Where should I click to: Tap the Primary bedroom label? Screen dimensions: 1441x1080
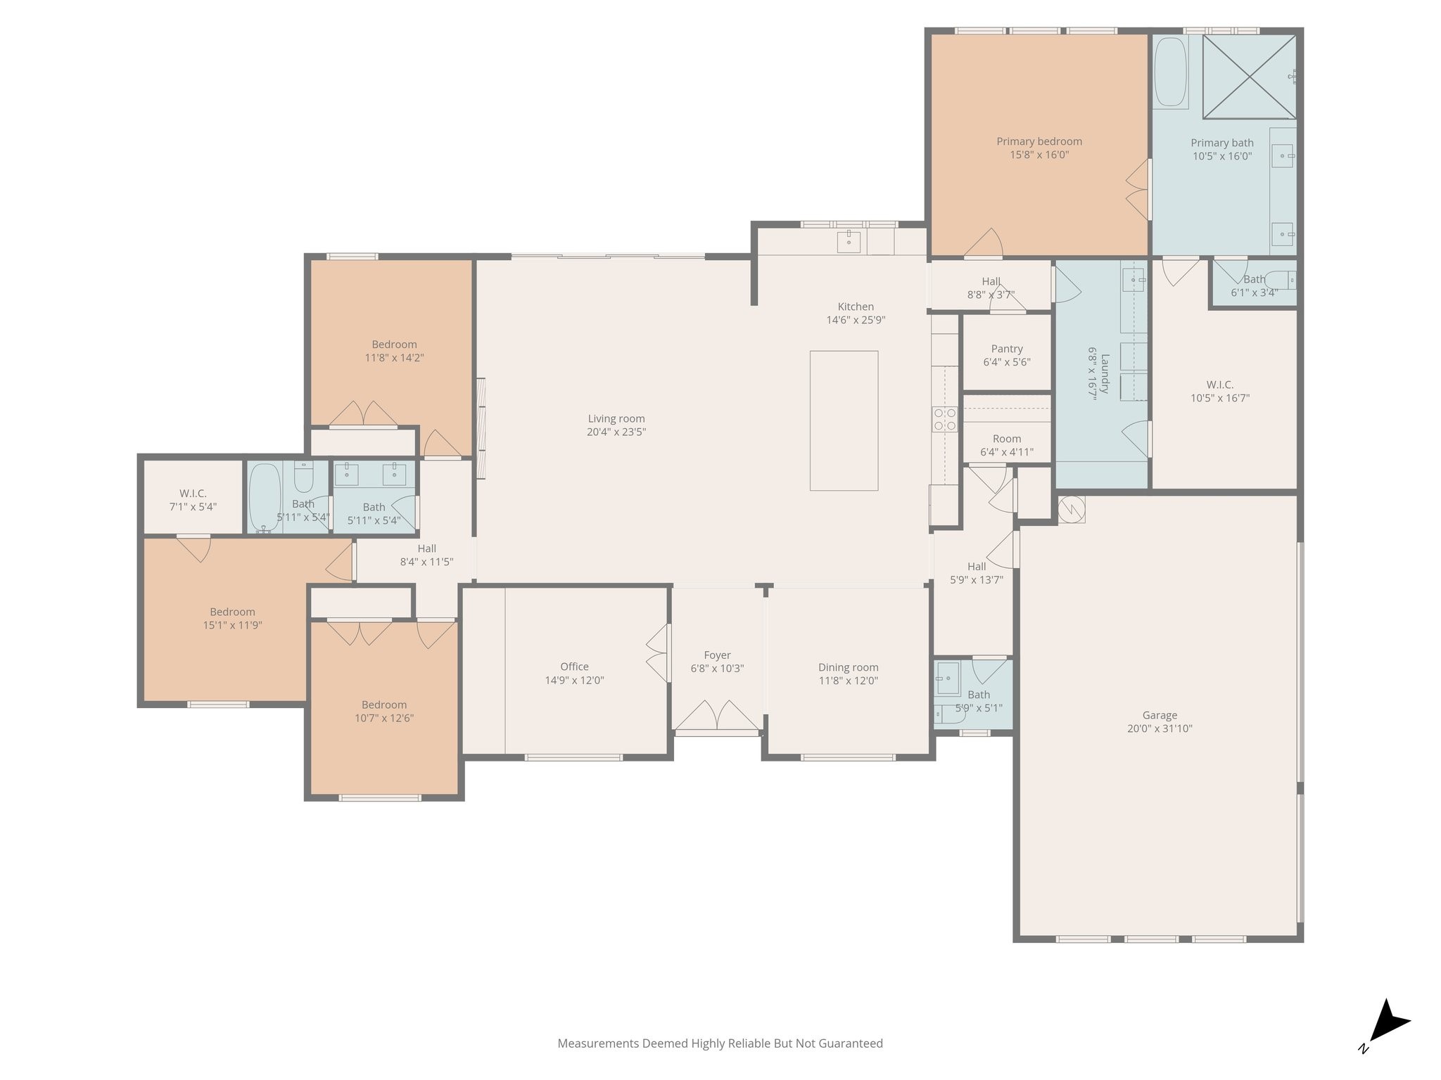[1039, 141]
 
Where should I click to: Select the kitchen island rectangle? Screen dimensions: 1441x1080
[844, 420]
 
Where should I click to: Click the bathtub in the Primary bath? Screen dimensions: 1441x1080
[1171, 72]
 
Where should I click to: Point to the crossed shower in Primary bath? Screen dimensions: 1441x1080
[1249, 77]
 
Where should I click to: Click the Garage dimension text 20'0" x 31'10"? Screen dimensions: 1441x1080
[1160, 729]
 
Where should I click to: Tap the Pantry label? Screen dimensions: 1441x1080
[1007, 349]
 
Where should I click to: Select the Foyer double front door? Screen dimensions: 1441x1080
[717, 716]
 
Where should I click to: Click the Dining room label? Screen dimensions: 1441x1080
[848, 667]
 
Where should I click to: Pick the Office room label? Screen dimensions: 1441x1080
[574, 667]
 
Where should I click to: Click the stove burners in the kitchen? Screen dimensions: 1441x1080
[944, 419]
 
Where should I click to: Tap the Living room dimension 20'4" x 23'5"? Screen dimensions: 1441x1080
[616, 432]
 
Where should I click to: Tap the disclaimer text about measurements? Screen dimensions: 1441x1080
[720, 1043]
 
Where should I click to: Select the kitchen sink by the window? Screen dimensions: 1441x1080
[849, 241]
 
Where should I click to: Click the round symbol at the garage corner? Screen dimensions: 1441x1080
[1072, 509]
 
